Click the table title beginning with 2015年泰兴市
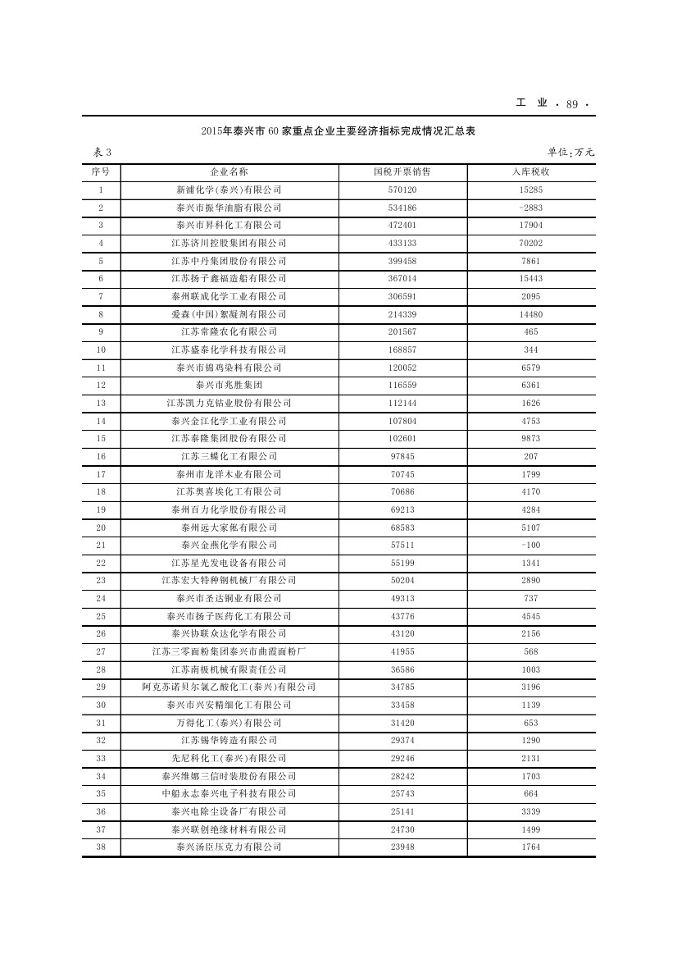click(x=338, y=131)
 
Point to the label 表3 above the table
click(x=98, y=152)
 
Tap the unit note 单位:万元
click(x=570, y=152)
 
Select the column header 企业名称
click(x=229, y=172)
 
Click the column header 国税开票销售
click(x=402, y=172)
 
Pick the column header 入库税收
click(x=531, y=172)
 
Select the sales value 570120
click(x=402, y=190)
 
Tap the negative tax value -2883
click(x=531, y=208)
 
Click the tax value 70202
click(x=531, y=243)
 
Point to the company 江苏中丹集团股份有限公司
click(x=229, y=261)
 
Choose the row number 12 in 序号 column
click(x=101, y=385)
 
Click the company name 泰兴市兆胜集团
click(x=229, y=385)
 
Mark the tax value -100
click(x=531, y=545)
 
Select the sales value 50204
click(x=402, y=580)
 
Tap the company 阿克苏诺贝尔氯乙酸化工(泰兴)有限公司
click(x=229, y=687)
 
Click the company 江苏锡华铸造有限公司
click(x=229, y=740)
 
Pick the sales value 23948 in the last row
click(x=402, y=847)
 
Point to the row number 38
click(x=101, y=847)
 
